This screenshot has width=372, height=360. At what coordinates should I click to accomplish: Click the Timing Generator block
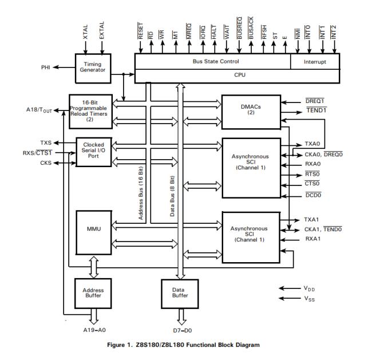tap(93, 68)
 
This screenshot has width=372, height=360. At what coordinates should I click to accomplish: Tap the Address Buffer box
tap(93, 294)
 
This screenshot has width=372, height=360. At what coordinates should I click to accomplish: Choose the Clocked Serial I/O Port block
tap(93, 151)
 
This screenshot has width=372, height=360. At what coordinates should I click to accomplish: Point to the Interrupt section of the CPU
tap(315, 61)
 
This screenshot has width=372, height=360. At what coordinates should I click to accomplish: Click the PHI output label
tap(46, 68)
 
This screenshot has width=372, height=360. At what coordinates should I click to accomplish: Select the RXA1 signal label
tap(312, 239)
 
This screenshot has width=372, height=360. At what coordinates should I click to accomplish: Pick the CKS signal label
tap(46, 163)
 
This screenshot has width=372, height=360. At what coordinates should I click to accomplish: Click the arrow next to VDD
tap(289, 288)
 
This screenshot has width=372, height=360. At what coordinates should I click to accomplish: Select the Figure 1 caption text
tap(185, 346)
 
